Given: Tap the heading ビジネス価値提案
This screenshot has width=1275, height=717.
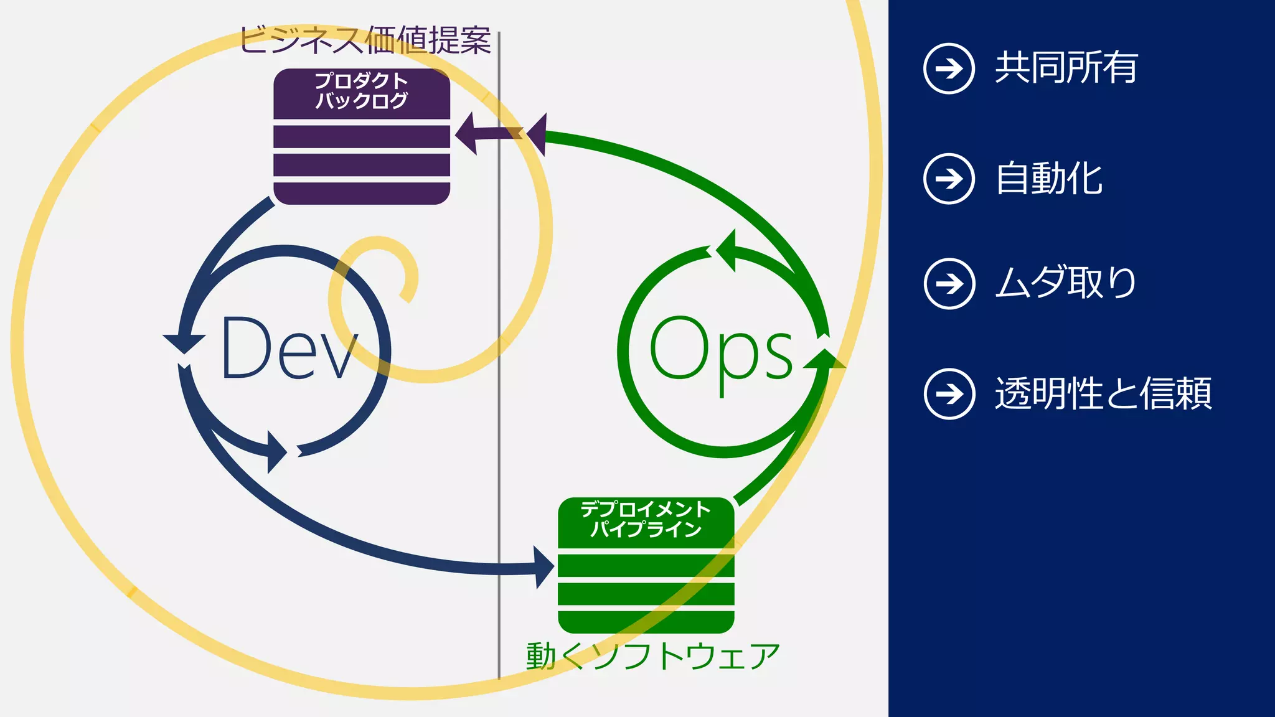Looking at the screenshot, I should (x=365, y=40).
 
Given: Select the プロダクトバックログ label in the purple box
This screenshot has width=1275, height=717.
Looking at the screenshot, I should (x=361, y=91).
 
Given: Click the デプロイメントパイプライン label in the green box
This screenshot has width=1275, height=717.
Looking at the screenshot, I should (x=646, y=519).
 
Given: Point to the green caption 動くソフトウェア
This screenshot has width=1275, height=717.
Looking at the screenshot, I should (x=652, y=656).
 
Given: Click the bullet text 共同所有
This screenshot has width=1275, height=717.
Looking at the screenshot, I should (x=1066, y=68).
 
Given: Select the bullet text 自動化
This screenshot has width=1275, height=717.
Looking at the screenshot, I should (x=1049, y=179).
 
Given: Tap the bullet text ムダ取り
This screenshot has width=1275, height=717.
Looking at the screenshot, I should (x=1065, y=283).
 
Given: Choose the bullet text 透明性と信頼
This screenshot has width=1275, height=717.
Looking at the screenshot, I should (x=1103, y=393).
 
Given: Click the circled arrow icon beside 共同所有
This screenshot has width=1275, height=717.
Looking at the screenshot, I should (x=949, y=68).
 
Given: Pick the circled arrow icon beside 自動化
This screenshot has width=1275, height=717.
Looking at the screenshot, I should (x=949, y=179).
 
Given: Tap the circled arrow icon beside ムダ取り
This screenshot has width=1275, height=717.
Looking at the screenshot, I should (x=949, y=284).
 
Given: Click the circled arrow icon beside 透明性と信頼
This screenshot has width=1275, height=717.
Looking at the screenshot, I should (x=949, y=394).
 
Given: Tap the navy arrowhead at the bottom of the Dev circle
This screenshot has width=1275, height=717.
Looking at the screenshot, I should (x=276, y=451).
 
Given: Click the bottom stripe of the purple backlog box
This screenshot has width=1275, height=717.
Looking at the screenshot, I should (x=362, y=194).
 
